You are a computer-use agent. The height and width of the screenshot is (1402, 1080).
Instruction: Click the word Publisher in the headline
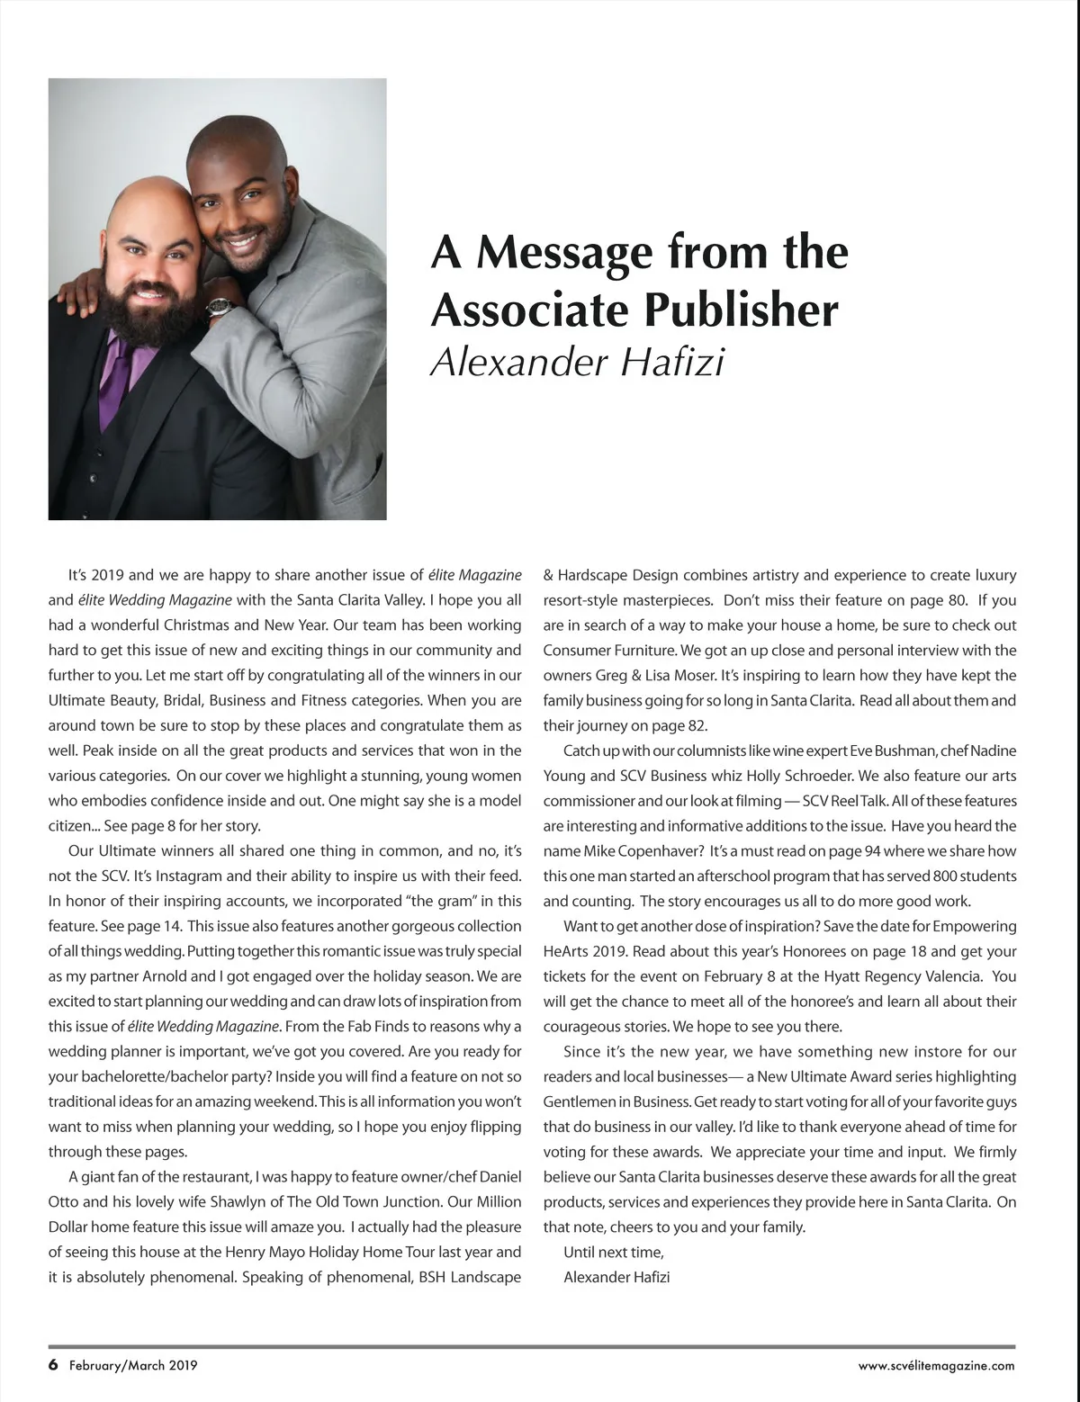(x=740, y=310)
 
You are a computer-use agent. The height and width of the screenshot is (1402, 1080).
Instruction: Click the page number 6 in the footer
(x=53, y=1365)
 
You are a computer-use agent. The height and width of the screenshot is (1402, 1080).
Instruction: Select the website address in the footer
(x=936, y=1366)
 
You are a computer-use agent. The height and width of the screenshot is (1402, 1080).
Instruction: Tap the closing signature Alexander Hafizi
(x=616, y=1277)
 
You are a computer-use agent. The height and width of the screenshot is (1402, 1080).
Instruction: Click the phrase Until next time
(x=614, y=1252)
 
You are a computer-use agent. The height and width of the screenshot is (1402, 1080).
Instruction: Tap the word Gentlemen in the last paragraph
(x=578, y=1101)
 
